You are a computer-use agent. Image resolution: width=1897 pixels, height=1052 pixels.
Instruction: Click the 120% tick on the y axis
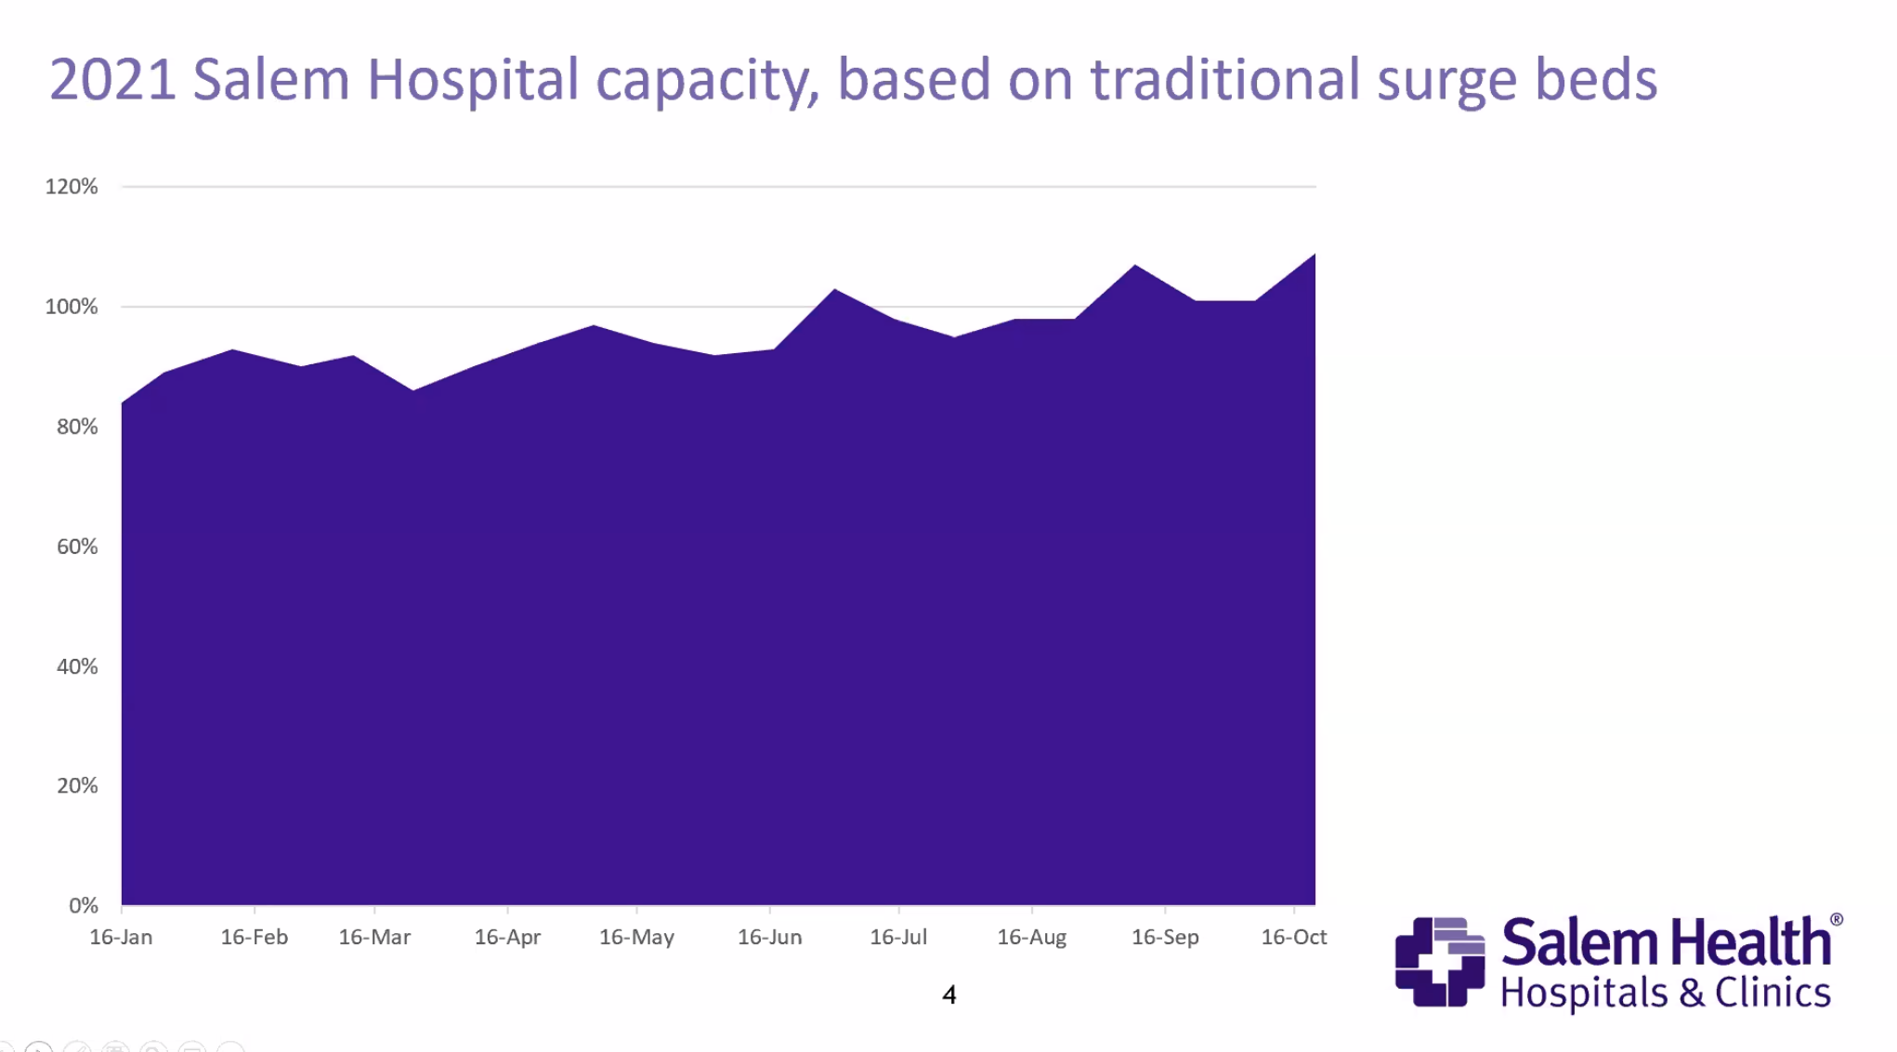[72, 187]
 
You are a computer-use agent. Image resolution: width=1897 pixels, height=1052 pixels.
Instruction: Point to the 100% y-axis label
[72, 307]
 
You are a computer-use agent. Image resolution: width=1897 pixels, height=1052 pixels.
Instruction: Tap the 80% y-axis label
[77, 427]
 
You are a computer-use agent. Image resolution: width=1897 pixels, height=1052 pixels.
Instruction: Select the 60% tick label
[77, 546]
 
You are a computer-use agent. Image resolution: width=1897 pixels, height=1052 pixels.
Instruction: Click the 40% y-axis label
[77, 666]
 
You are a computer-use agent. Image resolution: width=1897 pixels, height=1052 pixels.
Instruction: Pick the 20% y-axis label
[77, 786]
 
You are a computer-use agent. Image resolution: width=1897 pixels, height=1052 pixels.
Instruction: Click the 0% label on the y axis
[83, 906]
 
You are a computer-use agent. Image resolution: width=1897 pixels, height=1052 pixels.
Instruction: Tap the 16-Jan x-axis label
[121, 937]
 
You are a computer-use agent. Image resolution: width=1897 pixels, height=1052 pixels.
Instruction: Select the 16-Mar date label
[374, 937]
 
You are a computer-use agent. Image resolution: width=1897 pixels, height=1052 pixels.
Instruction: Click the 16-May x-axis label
[636, 937]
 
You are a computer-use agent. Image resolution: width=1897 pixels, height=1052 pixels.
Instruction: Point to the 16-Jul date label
[898, 937]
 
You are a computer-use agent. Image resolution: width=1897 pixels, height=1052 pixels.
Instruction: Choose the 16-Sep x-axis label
[1165, 937]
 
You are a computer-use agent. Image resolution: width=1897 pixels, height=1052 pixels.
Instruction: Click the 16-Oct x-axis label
[1293, 937]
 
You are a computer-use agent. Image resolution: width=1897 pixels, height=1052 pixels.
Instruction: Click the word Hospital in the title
[473, 80]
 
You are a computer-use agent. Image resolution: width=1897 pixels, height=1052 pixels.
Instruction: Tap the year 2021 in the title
[112, 80]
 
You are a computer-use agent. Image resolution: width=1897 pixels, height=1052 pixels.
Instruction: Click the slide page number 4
[948, 995]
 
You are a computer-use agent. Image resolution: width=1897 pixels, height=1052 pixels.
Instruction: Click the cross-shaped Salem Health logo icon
[1439, 962]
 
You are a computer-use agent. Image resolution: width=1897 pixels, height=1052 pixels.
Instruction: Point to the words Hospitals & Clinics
[1665, 993]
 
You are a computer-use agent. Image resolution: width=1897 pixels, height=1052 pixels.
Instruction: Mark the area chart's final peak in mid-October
[1314, 256]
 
